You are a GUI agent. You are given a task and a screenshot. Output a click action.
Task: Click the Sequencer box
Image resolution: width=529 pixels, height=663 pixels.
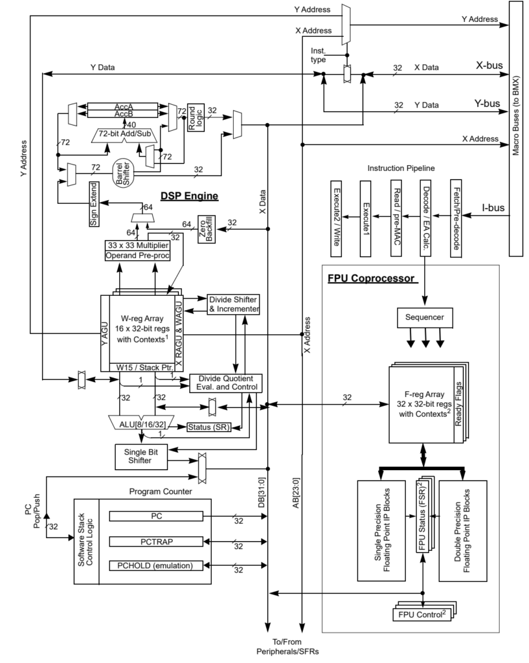pyautogui.click(x=424, y=318)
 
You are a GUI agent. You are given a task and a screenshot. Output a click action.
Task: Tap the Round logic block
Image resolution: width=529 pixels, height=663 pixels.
pyautogui.click(x=196, y=117)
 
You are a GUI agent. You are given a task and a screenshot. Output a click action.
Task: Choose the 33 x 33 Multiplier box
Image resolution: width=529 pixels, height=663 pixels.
pyautogui.click(x=138, y=245)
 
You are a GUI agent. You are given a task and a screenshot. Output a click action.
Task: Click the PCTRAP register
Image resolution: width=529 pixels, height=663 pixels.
pyautogui.click(x=155, y=541)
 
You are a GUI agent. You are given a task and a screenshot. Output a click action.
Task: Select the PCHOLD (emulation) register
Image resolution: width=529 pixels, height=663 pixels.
pyautogui.click(x=155, y=565)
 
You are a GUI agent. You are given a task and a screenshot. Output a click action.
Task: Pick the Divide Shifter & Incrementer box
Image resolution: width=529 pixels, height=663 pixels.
pyautogui.click(x=233, y=304)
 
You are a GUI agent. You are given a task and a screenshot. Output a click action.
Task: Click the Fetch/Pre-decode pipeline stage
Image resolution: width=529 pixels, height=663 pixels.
pyautogui.click(x=456, y=216)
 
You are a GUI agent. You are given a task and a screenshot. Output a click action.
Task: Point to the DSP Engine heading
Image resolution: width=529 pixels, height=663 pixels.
pyautogui.click(x=189, y=196)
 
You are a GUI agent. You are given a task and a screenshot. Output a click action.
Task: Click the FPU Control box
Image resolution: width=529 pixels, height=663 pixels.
pyautogui.click(x=422, y=612)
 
